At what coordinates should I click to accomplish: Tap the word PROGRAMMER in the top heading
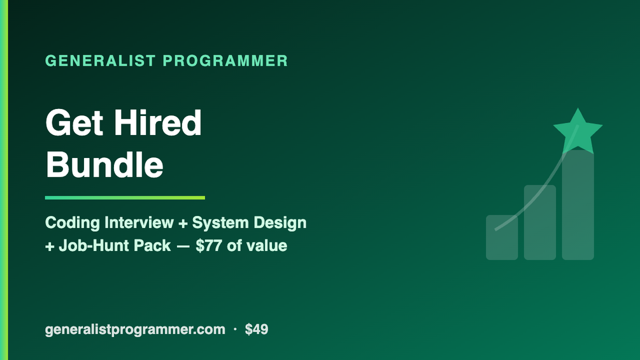pos(225,61)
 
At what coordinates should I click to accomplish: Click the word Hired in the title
pos(157,122)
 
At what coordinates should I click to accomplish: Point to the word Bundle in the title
pos(104,164)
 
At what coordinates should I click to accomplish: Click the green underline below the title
pos(125,198)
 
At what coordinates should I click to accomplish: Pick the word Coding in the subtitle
pos(72,223)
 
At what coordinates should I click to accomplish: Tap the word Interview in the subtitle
pos(139,222)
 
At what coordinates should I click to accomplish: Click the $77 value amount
pos(209,246)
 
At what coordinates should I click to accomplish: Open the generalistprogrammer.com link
pos(135,329)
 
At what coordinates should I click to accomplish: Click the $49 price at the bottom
pos(257,329)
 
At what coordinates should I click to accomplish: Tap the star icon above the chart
pos(578,131)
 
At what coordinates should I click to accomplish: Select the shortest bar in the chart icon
pos(502,238)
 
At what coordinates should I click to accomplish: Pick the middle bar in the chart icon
pos(540,222)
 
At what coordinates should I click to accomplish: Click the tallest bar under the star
pos(578,205)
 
